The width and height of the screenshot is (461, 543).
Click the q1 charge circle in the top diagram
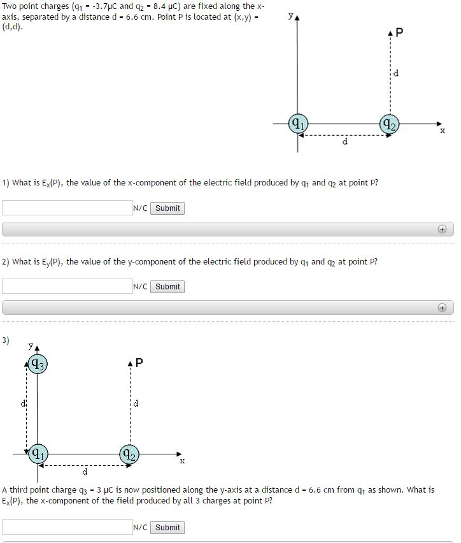297,124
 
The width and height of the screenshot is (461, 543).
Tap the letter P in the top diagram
399,33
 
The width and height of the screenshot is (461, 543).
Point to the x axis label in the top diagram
443,131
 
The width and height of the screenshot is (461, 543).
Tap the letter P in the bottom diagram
139,363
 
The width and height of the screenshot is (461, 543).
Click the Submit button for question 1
167,208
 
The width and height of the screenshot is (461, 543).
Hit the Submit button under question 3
167,527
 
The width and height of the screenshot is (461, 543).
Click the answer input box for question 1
67,208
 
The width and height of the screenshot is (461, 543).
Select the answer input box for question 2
67,287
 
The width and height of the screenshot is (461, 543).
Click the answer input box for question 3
67,527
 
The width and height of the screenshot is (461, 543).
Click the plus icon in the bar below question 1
442,229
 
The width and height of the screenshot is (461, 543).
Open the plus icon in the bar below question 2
442,308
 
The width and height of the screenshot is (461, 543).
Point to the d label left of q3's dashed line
24,403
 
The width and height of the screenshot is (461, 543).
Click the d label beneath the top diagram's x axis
345,141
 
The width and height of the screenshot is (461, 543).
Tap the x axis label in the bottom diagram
182,460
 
